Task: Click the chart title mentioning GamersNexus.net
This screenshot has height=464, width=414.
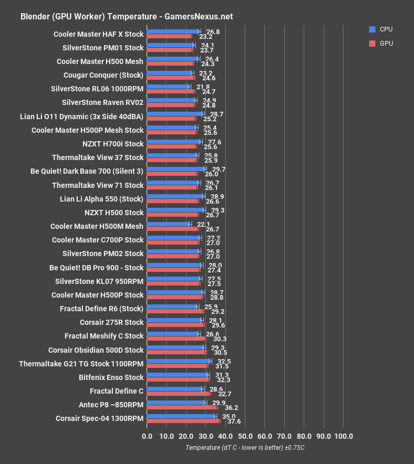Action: coord(127,16)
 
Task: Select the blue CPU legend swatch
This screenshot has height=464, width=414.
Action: coord(372,29)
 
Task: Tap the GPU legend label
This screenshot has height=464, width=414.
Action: coord(386,44)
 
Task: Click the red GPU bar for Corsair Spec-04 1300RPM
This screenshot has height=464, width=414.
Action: coord(183,421)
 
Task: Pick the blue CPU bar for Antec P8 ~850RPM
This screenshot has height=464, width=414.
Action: coord(176,403)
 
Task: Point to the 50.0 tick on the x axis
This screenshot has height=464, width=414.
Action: coord(245,436)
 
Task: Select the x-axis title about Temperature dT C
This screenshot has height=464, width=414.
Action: coord(245,448)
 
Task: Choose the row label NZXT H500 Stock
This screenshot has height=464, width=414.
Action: coord(114,213)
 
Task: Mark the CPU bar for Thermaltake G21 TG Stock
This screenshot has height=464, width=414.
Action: coord(179,361)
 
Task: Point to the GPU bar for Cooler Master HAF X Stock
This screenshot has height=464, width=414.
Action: coord(169,37)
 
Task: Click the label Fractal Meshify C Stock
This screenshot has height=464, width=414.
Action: coord(104,336)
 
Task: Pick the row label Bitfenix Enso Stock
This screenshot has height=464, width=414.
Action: coord(111,377)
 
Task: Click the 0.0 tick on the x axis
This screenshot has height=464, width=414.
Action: coord(147,436)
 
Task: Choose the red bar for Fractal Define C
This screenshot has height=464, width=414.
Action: coord(179,394)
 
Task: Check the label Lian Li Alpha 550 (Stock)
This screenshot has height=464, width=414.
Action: coord(102,199)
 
